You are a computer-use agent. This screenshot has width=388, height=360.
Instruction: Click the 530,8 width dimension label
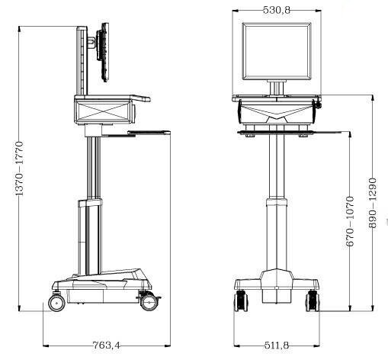point(277,10)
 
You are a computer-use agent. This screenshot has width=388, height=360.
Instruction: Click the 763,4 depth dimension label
point(106,346)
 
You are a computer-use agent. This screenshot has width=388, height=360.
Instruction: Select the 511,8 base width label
point(277,346)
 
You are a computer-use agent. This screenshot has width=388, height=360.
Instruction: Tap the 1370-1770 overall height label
point(19,169)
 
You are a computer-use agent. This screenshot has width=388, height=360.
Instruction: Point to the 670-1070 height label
point(350,221)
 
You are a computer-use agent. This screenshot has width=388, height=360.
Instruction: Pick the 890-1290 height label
point(372,203)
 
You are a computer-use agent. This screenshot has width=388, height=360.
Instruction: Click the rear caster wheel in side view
point(56,303)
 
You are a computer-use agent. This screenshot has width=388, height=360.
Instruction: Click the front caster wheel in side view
point(149,302)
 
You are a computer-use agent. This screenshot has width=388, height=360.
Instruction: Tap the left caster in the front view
point(241,301)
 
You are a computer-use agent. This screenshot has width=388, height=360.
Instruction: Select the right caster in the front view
point(313,301)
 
